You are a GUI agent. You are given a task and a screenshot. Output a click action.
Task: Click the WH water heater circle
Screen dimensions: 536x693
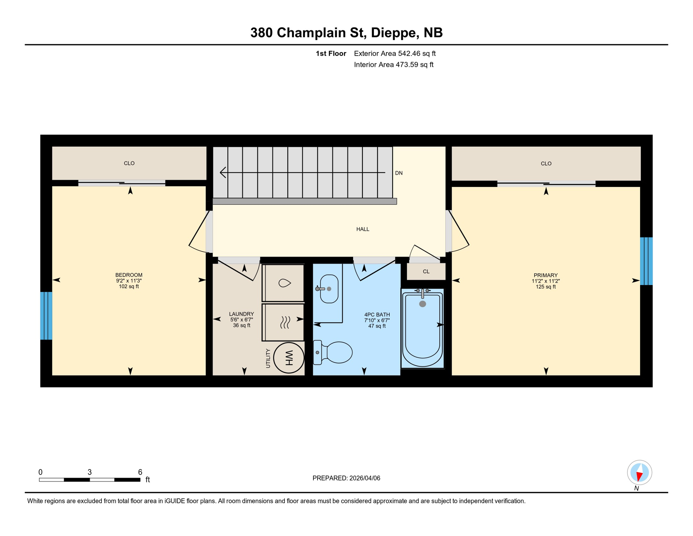tap(289, 358)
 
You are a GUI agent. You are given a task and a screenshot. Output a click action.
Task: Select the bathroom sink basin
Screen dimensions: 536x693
tap(329, 289)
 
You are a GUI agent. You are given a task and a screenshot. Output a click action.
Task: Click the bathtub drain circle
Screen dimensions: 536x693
tap(422, 304)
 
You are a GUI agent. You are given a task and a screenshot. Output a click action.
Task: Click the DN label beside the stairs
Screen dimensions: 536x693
tap(399, 173)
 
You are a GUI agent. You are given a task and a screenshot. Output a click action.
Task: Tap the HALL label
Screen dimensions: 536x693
tap(363, 229)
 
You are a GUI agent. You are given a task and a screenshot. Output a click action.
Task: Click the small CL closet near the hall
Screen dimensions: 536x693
tap(426, 271)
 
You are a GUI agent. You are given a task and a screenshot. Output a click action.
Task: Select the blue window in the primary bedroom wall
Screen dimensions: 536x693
tap(646, 261)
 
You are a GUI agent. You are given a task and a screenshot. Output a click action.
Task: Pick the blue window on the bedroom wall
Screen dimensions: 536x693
tap(46, 316)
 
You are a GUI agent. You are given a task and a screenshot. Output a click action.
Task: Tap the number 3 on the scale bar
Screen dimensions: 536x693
tap(90, 472)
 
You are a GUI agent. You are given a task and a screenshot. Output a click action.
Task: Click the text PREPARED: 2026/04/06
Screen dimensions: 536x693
tap(346, 478)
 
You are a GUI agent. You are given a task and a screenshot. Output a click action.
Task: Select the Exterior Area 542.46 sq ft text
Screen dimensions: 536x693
tap(395, 53)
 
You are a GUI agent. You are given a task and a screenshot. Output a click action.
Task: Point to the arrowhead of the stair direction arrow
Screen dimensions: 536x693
tap(222, 172)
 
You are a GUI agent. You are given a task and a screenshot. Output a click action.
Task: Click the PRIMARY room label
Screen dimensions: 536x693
tap(546, 275)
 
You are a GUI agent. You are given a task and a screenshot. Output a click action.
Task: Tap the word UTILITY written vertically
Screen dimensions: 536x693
tap(268, 358)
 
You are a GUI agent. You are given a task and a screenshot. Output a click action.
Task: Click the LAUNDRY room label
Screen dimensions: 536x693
tap(241, 314)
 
